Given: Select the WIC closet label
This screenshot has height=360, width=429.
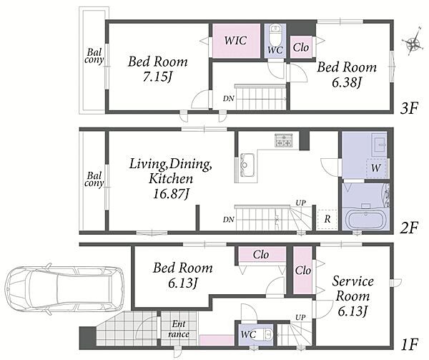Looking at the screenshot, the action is tap(235, 41).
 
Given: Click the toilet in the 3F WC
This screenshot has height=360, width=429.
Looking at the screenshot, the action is tap(275, 33).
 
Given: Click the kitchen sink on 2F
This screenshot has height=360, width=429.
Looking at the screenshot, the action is tap(247, 165).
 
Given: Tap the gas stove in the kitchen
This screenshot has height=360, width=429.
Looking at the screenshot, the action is tap(284, 140).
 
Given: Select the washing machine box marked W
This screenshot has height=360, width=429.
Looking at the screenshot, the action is tap(377, 167).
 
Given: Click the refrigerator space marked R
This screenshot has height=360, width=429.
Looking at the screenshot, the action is tap(327, 219).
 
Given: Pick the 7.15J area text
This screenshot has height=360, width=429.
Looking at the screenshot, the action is tap(157, 77).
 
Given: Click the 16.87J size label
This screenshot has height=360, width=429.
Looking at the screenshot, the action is tap(172, 194).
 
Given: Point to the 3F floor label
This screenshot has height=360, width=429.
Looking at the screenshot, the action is tap(409, 110).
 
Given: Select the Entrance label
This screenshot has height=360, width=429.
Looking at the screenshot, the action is tap(178, 329).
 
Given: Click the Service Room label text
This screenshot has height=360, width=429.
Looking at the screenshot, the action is tap(353, 288).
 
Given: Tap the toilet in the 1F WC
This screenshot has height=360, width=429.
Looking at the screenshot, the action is tap(267, 334).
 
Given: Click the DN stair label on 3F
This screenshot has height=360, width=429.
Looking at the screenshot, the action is tap(228, 98).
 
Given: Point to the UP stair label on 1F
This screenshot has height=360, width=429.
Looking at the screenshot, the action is tap(300, 317).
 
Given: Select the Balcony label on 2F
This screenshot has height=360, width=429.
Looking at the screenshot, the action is tap(94, 180).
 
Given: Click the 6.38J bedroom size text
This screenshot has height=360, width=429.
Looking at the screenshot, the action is tap(347, 82).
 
